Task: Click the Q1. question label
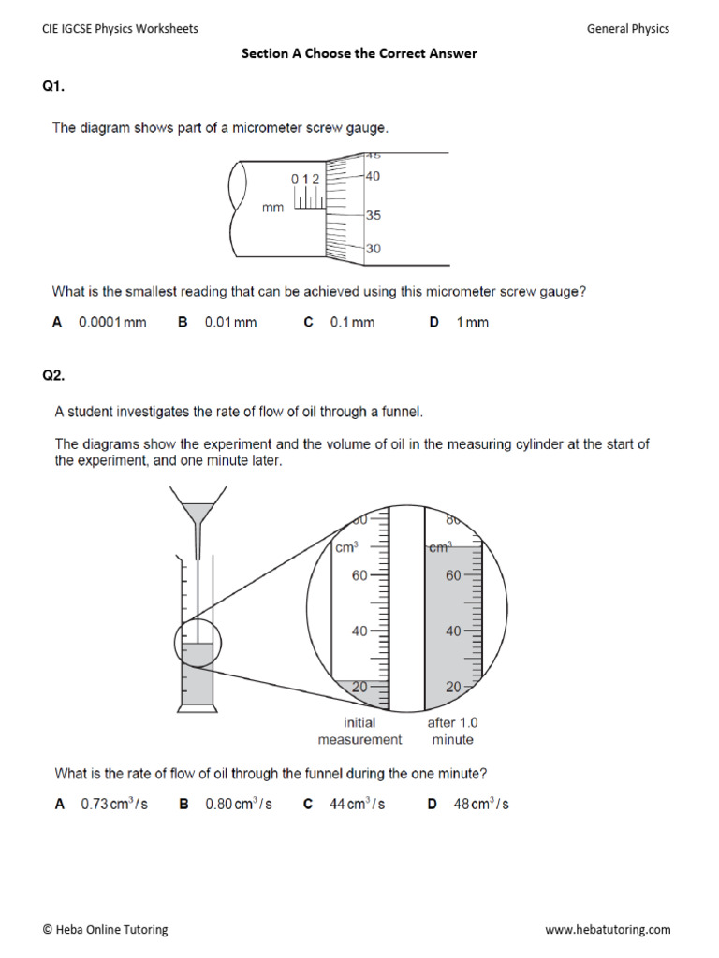[53, 87]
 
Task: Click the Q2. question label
[53, 375]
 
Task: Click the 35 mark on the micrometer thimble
[373, 215]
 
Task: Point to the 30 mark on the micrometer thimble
[373, 249]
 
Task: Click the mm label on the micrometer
[272, 209]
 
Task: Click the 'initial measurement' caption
[359, 731]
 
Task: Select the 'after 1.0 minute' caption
[452, 731]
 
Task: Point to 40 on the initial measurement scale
[359, 631]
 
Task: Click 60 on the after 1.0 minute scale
[453, 576]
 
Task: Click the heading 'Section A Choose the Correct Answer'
[359, 53]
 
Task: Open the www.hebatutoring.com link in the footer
[608, 930]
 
